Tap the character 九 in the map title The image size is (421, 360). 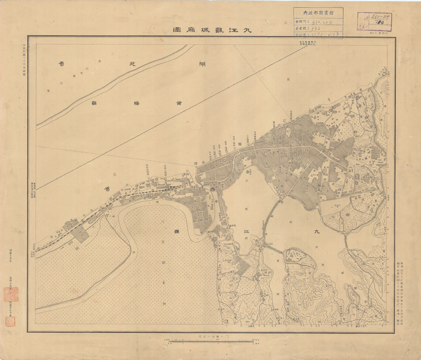246,30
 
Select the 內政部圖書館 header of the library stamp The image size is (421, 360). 318,12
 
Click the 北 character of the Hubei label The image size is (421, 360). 125,64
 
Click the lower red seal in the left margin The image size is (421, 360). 10,321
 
